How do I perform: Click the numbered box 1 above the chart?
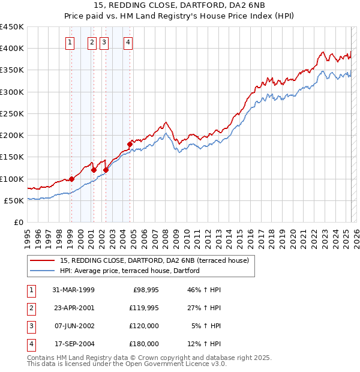[x=71, y=42]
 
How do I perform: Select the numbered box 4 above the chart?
[x=128, y=42]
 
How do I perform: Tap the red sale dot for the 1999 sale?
[x=71, y=179]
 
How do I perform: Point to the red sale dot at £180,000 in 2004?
[x=130, y=144]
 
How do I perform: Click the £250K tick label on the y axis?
[x=12, y=113]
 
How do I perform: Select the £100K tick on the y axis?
[x=12, y=179]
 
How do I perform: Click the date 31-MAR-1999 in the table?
[x=73, y=290]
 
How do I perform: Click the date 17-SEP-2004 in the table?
[x=73, y=344]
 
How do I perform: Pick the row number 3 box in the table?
[x=31, y=326]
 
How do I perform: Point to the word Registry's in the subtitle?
[x=221, y=17]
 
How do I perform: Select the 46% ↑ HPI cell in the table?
[x=204, y=290]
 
